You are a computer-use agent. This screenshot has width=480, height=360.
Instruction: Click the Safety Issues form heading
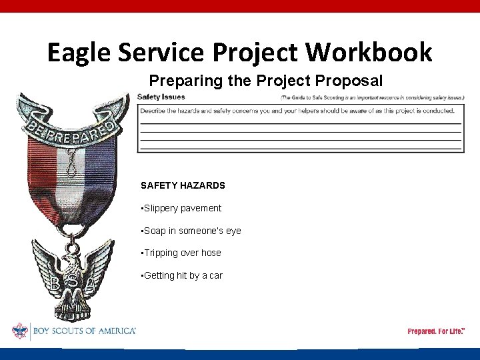(x=161, y=97)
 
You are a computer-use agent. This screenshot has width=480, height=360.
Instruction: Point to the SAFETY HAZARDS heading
(x=183, y=185)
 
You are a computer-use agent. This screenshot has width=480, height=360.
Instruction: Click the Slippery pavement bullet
(x=181, y=208)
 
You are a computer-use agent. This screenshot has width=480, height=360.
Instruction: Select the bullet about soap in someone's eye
(x=191, y=231)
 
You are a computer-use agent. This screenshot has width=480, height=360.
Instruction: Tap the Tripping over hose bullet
(x=181, y=253)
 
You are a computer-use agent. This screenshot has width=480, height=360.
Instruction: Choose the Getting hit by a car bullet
(x=182, y=275)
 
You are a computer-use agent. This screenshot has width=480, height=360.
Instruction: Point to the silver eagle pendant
(x=73, y=273)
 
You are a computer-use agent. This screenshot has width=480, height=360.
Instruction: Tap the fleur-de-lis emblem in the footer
(x=19, y=331)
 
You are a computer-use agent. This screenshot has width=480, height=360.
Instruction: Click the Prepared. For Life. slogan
(x=436, y=331)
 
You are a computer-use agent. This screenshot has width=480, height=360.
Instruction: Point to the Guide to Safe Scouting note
(x=372, y=97)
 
